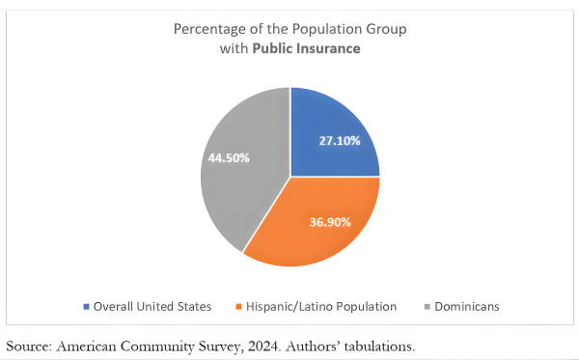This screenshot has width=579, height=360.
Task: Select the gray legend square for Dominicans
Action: [x=427, y=307]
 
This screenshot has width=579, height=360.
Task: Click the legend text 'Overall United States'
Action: [x=152, y=307]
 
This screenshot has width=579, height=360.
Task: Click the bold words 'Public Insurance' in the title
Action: [x=307, y=48]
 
